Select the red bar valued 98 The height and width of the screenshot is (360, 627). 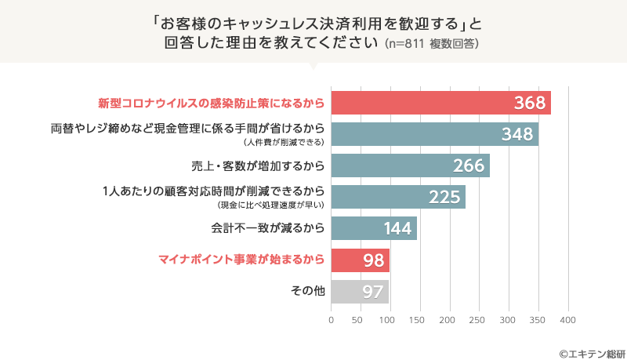pos(360,260)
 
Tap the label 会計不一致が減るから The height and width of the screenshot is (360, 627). pos(267,228)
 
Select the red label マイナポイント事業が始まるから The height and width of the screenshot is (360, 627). pos(241,260)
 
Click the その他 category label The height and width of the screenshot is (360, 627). pos(307,291)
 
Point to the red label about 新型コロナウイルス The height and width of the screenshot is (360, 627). pos(211,103)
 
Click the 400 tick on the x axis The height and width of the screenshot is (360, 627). pos(567,320)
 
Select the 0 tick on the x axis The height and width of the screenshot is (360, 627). pos(331,320)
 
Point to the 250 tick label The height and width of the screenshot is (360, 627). pos(478,320)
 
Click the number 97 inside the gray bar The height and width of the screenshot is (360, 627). pos(372,292)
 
